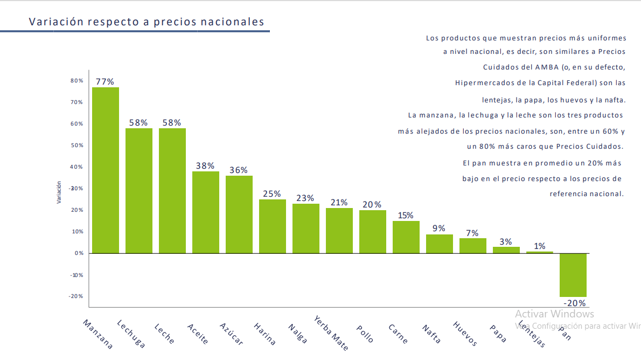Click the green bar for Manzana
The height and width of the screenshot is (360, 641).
coord(105,170)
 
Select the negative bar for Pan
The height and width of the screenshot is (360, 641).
coord(573,275)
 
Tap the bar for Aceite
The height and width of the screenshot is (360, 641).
coord(205,212)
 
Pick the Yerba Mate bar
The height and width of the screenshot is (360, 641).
coord(339,230)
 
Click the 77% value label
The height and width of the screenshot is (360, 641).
coord(105,81)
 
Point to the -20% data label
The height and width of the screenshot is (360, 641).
coord(574,303)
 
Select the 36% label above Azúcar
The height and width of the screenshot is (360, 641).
coord(239,170)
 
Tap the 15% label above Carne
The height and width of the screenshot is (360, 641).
coord(406,216)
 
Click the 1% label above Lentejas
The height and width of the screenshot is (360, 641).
coord(539,246)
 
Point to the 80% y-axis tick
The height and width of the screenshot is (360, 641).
coord(76,80)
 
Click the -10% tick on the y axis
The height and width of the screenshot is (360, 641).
coord(76,275)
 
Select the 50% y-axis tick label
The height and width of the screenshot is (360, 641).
coord(76,145)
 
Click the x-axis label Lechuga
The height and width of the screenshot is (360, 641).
coord(131,334)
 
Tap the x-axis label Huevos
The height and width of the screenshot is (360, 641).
coord(465,334)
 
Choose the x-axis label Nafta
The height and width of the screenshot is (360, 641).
coord(431,334)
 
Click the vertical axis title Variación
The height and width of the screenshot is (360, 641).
coord(59,192)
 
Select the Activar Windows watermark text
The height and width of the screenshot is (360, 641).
coord(554,314)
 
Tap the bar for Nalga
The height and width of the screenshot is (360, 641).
coord(305,229)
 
